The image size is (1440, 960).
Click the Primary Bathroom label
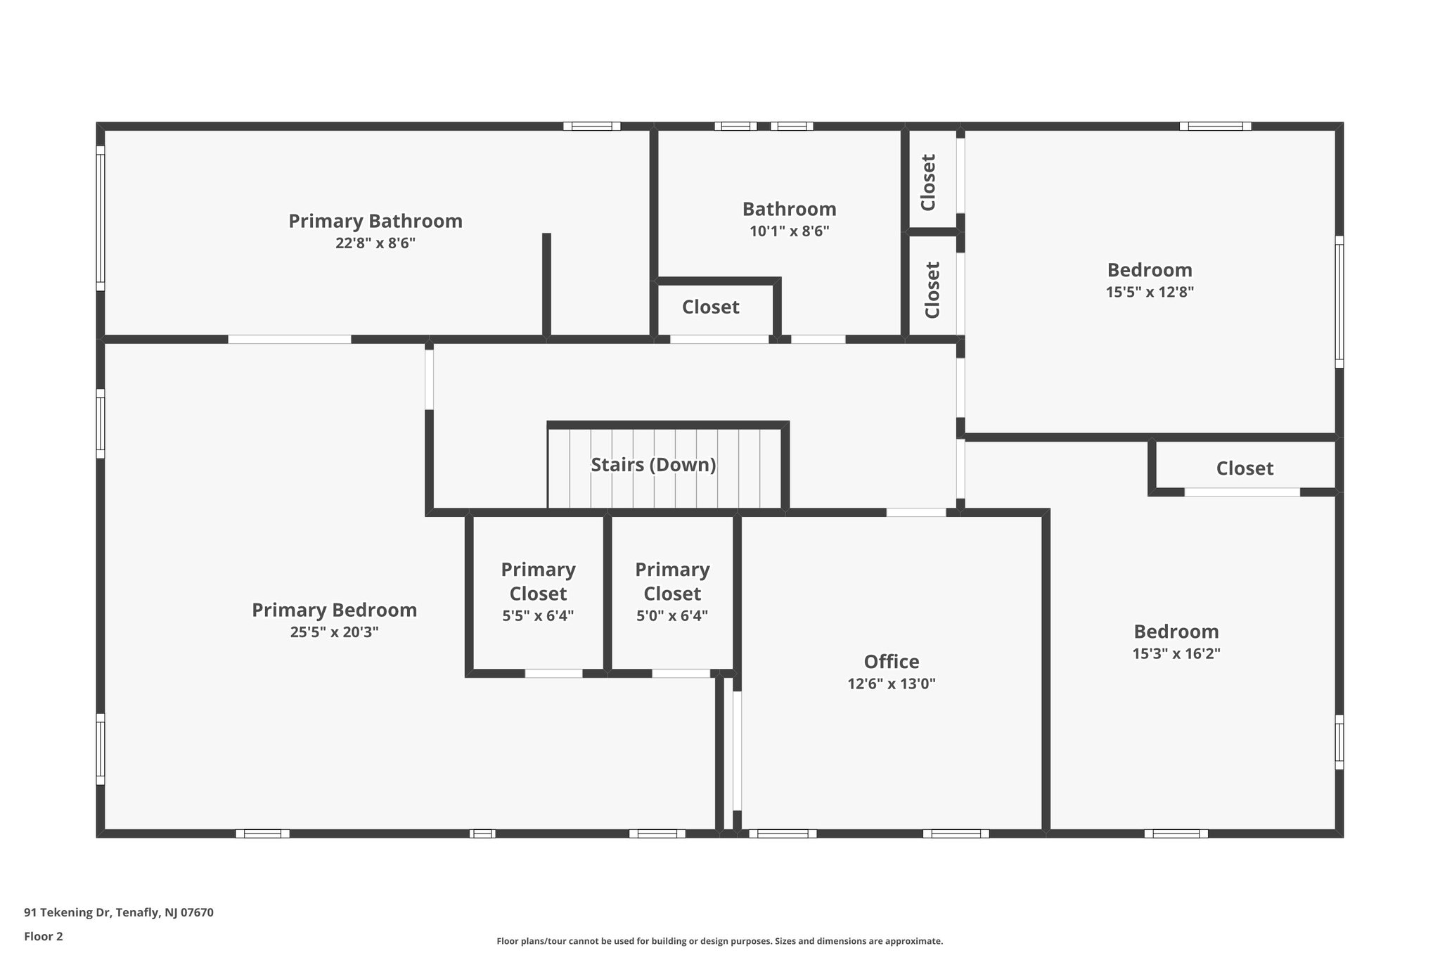pyautogui.click(x=375, y=221)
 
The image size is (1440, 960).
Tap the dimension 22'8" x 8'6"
pyautogui.click(x=375, y=243)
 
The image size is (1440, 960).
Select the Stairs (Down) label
pyautogui.click(x=653, y=465)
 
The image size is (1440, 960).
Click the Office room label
pyautogui.click(x=892, y=662)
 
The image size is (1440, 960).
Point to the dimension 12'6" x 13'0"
pyautogui.click(x=892, y=684)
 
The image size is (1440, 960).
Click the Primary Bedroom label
pyautogui.click(x=334, y=610)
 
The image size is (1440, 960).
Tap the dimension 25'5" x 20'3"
pyautogui.click(x=334, y=632)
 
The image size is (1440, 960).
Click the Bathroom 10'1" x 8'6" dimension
pyautogui.click(x=789, y=231)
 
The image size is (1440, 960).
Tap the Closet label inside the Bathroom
pyautogui.click(x=710, y=307)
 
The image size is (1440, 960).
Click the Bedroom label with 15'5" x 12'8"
pyautogui.click(x=1150, y=270)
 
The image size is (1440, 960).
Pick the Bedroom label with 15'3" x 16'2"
pyautogui.click(x=1176, y=632)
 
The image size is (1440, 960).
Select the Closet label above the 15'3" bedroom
pyautogui.click(x=1245, y=468)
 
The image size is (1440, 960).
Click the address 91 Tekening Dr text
pyautogui.click(x=119, y=913)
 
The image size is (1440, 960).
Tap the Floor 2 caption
pyautogui.click(x=44, y=936)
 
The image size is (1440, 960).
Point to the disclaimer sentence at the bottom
pyautogui.click(x=719, y=941)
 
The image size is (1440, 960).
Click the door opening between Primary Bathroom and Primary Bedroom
pyautogui.click(x=289, y=340)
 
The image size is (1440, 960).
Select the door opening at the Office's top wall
pyautogui.click(x=915, y=513)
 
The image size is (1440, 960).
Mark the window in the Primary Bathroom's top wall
pyautogui.click(x=591, y=127)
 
